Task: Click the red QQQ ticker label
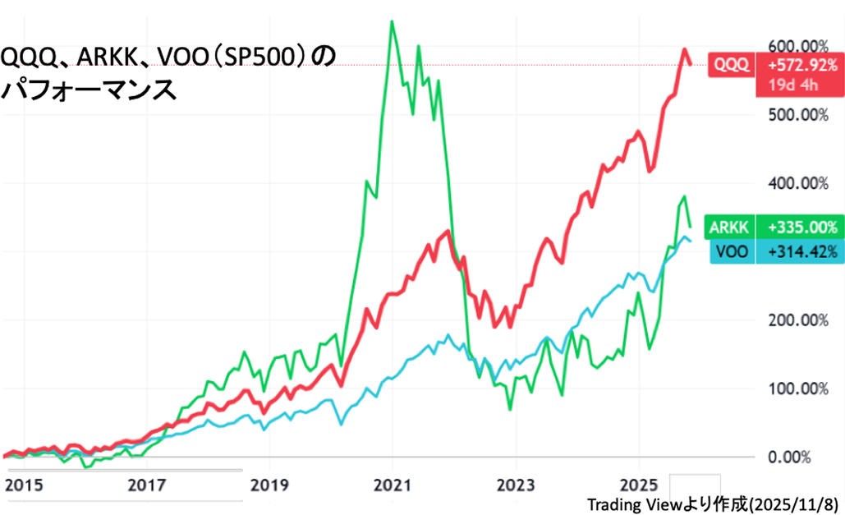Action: coord(732,64)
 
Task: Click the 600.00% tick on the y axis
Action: coord(797,45)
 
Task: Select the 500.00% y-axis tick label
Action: coord(797,114)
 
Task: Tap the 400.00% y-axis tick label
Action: coord(797,182)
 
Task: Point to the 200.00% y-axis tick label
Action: coord(797,320)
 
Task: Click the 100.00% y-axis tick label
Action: coord(797,388)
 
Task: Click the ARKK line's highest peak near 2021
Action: coord(392,21)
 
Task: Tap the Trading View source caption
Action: coord(712,504)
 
